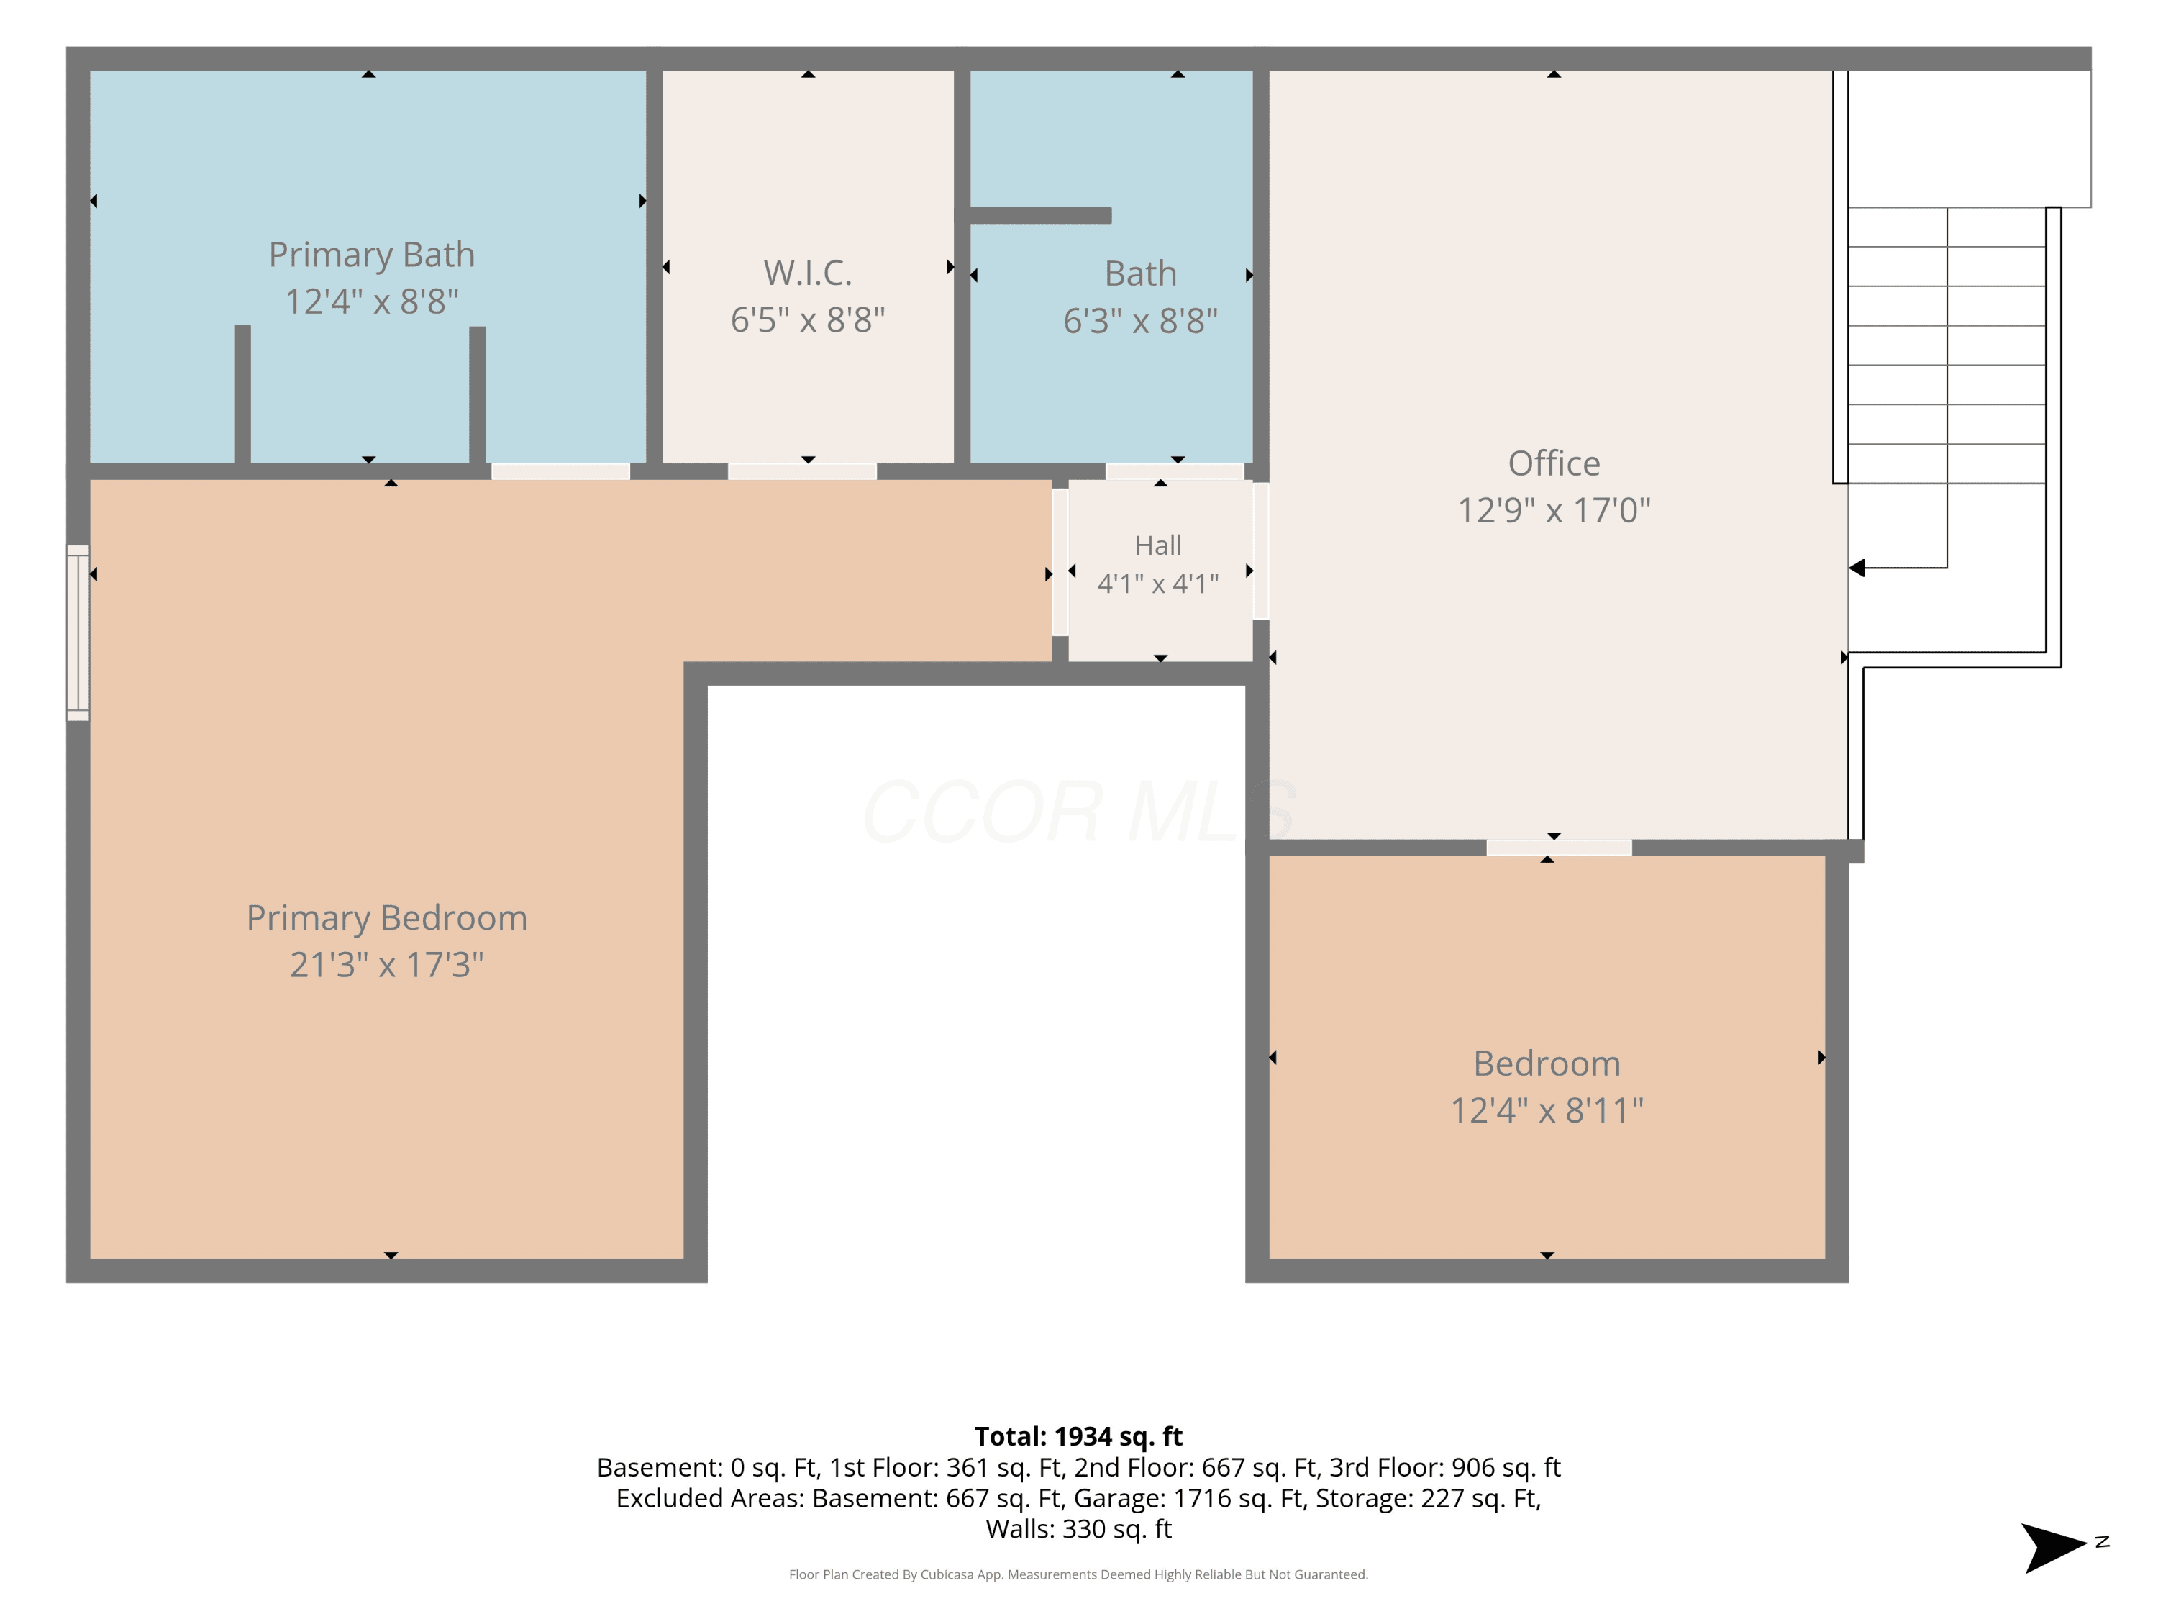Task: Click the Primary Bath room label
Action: [372, 255]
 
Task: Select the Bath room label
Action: [1140, 273]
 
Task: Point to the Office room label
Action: [1554, 463]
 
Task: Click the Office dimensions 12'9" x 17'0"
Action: [1554, 510]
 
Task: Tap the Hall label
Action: [1158, 545]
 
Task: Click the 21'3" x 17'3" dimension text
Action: [386, 965]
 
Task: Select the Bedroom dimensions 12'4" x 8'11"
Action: [1547, 1110]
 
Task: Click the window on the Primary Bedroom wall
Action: [78, 632]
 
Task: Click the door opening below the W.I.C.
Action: [802, 471]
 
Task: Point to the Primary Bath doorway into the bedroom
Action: [561, 471]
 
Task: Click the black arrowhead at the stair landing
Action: [1857, 568]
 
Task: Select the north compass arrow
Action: [2054, 1548]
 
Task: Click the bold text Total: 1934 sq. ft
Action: [1078, 1436]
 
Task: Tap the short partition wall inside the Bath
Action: [1040, 216]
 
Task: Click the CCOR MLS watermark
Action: [1079, 812]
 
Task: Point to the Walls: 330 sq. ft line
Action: [1078, 1529]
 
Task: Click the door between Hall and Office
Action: [1260, 551]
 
